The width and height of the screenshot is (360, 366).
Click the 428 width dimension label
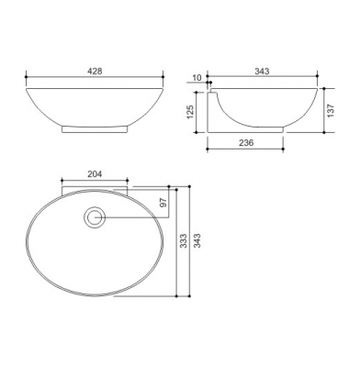click(x=95, y=72)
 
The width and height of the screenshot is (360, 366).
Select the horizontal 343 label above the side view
click(x=262, y=72)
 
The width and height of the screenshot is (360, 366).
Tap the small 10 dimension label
click(x=197, y=78)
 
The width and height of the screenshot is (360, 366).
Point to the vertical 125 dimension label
click(x=190, y=112)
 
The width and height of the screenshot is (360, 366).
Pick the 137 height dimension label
click(x=331, y=111)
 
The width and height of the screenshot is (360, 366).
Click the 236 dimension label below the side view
click(x=246, y=142)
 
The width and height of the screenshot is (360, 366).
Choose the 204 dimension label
click(x=95, y=174)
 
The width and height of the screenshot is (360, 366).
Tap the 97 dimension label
click(x=163, y=203)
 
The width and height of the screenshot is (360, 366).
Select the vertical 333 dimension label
click(x=183, y=241)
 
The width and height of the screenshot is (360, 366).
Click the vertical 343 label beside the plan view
click(x=197, y=240)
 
